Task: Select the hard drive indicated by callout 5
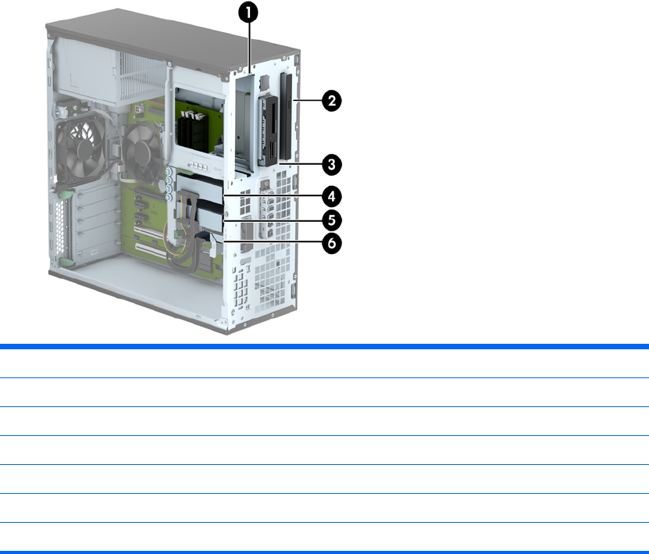point(207,209)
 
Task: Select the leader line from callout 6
point(273,243)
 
